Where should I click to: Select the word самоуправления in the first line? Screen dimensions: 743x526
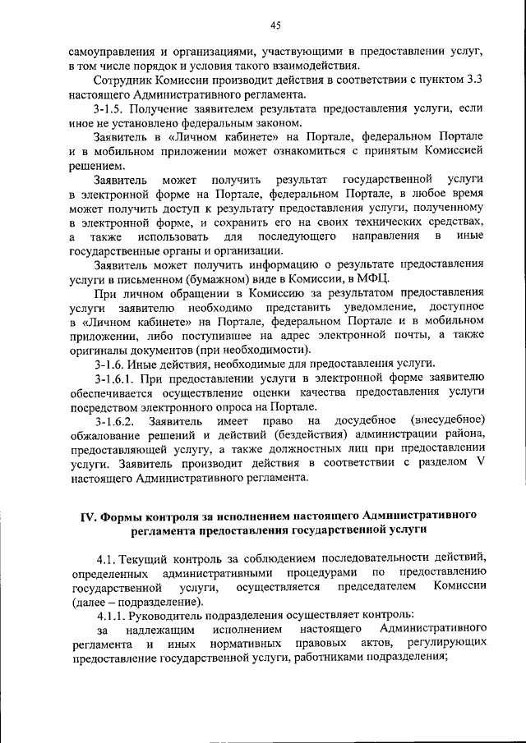coord(109,51)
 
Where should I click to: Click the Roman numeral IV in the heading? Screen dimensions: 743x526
coord(87,515)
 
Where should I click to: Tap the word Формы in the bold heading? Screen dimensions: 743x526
coord(122,515)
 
